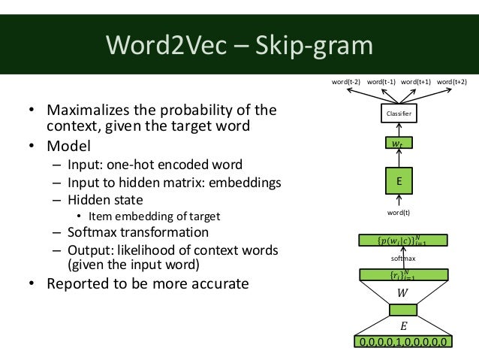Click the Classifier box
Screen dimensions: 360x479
pos(398,113)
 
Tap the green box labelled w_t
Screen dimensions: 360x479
pos(398,142)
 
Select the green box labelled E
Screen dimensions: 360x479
pos(399,180)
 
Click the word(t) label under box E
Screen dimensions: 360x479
pos(399,214)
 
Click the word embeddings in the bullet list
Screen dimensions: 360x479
pos(243,182)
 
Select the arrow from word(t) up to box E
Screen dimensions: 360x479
pos(399,201)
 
